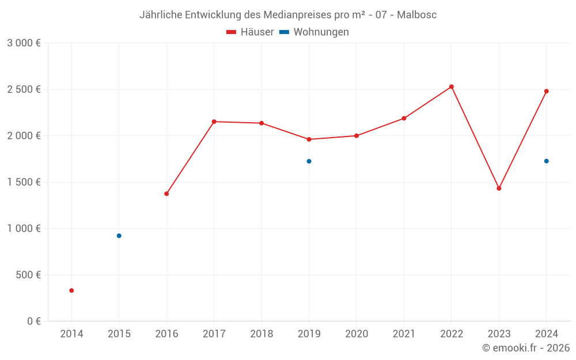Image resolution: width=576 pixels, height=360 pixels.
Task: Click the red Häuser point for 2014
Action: [x=71, y=290]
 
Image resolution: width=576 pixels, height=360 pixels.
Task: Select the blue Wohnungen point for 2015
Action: [x=119, y=236]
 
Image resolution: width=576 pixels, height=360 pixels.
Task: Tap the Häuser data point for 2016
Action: [x=166, y=194]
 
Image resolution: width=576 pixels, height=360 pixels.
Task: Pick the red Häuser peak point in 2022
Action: [x=452, y=87]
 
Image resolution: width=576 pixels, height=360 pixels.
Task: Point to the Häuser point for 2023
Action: [x=499, y=188]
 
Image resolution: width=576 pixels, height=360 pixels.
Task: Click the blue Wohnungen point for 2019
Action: [x=309, y=161]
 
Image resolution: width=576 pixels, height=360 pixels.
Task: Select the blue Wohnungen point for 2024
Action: [x=546, y=161]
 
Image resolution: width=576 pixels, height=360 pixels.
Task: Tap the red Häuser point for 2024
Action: [x=546, y=91]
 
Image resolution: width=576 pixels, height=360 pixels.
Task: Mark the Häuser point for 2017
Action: [x=214, y=122]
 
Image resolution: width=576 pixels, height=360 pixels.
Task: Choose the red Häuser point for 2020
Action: [x=357, y=136]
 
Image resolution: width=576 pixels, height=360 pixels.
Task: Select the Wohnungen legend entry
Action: [x=314, y=32]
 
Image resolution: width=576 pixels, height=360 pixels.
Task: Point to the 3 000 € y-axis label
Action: [x=24, y=43]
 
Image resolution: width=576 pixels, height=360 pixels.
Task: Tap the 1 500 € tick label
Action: [x=24, y=182]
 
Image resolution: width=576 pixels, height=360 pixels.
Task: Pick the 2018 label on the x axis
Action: [x=262, y=334]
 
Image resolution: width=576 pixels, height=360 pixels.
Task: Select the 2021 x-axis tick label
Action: [x=404, y=334]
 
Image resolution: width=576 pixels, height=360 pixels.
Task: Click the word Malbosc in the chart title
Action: [x=416, y=14]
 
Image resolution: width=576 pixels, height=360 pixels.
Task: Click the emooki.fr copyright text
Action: [x=526, y=348]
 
